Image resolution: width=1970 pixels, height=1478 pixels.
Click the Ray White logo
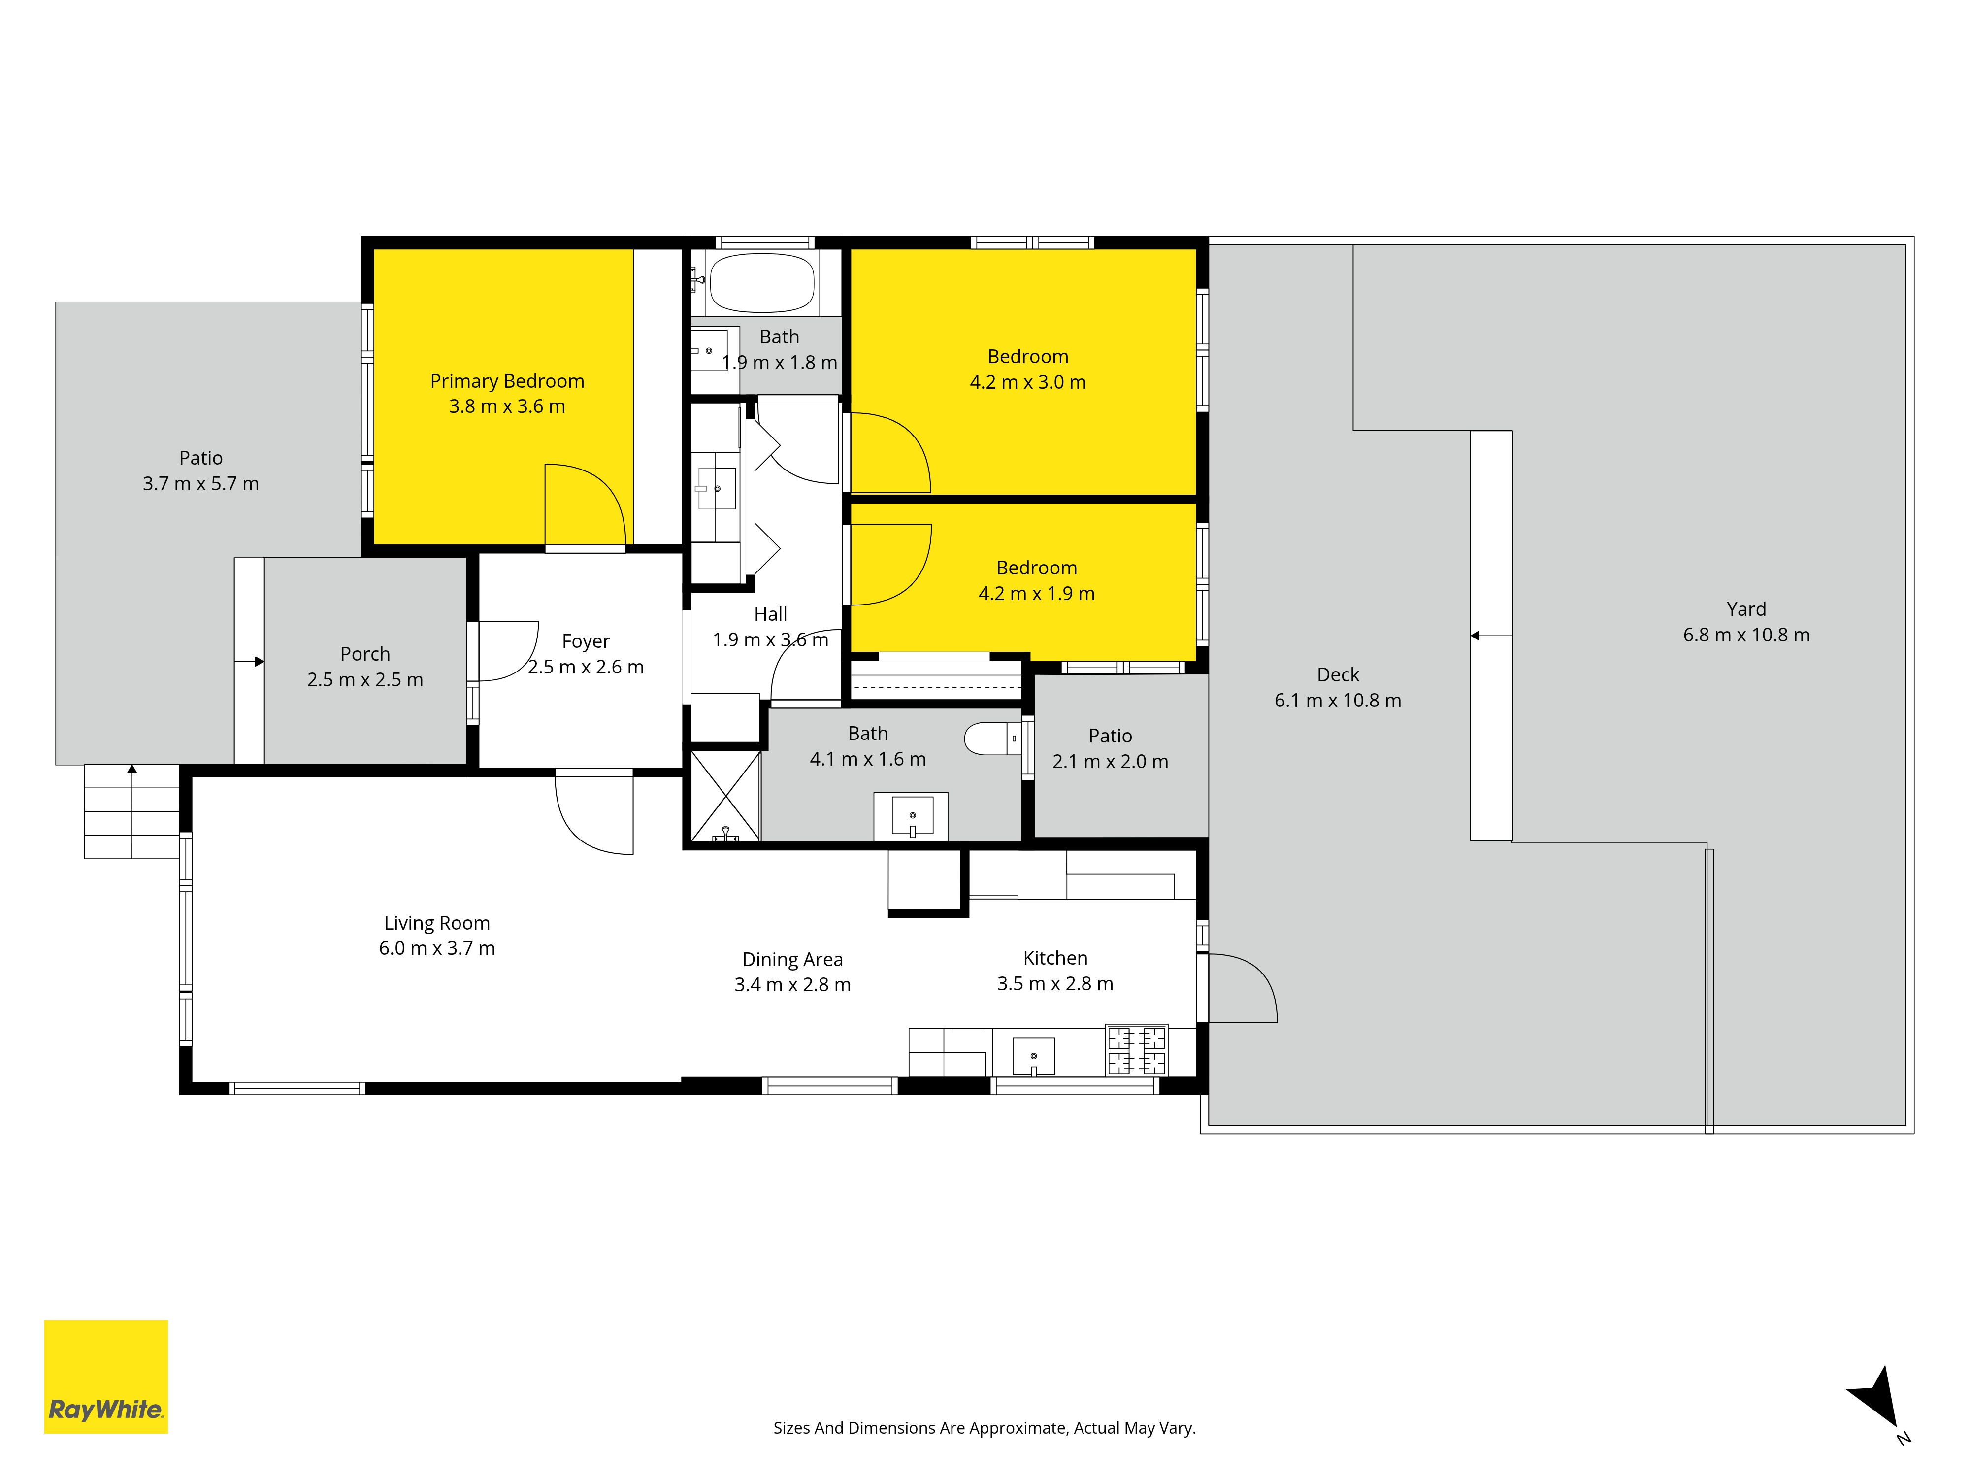tap(106, 1377)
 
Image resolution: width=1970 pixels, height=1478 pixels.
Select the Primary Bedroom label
tap(507, 381)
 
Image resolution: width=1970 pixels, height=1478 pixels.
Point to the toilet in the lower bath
tap(992, 739)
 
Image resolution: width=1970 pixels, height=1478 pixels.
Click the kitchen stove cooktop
tap(1136, 1050)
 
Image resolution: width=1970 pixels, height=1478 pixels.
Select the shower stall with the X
tap(726, 796)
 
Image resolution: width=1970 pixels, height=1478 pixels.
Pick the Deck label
tap(1338, 674)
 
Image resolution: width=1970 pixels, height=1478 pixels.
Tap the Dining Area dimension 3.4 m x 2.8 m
tap(792, 984)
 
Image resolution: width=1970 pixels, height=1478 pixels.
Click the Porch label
tap(365, 654)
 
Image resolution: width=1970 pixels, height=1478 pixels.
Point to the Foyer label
tap(586, 641)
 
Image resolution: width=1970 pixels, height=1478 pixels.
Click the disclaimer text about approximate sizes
tap(984, 1428)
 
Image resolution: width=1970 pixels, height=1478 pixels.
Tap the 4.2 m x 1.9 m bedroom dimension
tap(1037, 593)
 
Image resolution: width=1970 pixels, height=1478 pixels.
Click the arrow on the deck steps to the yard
tap(1491, 636)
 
